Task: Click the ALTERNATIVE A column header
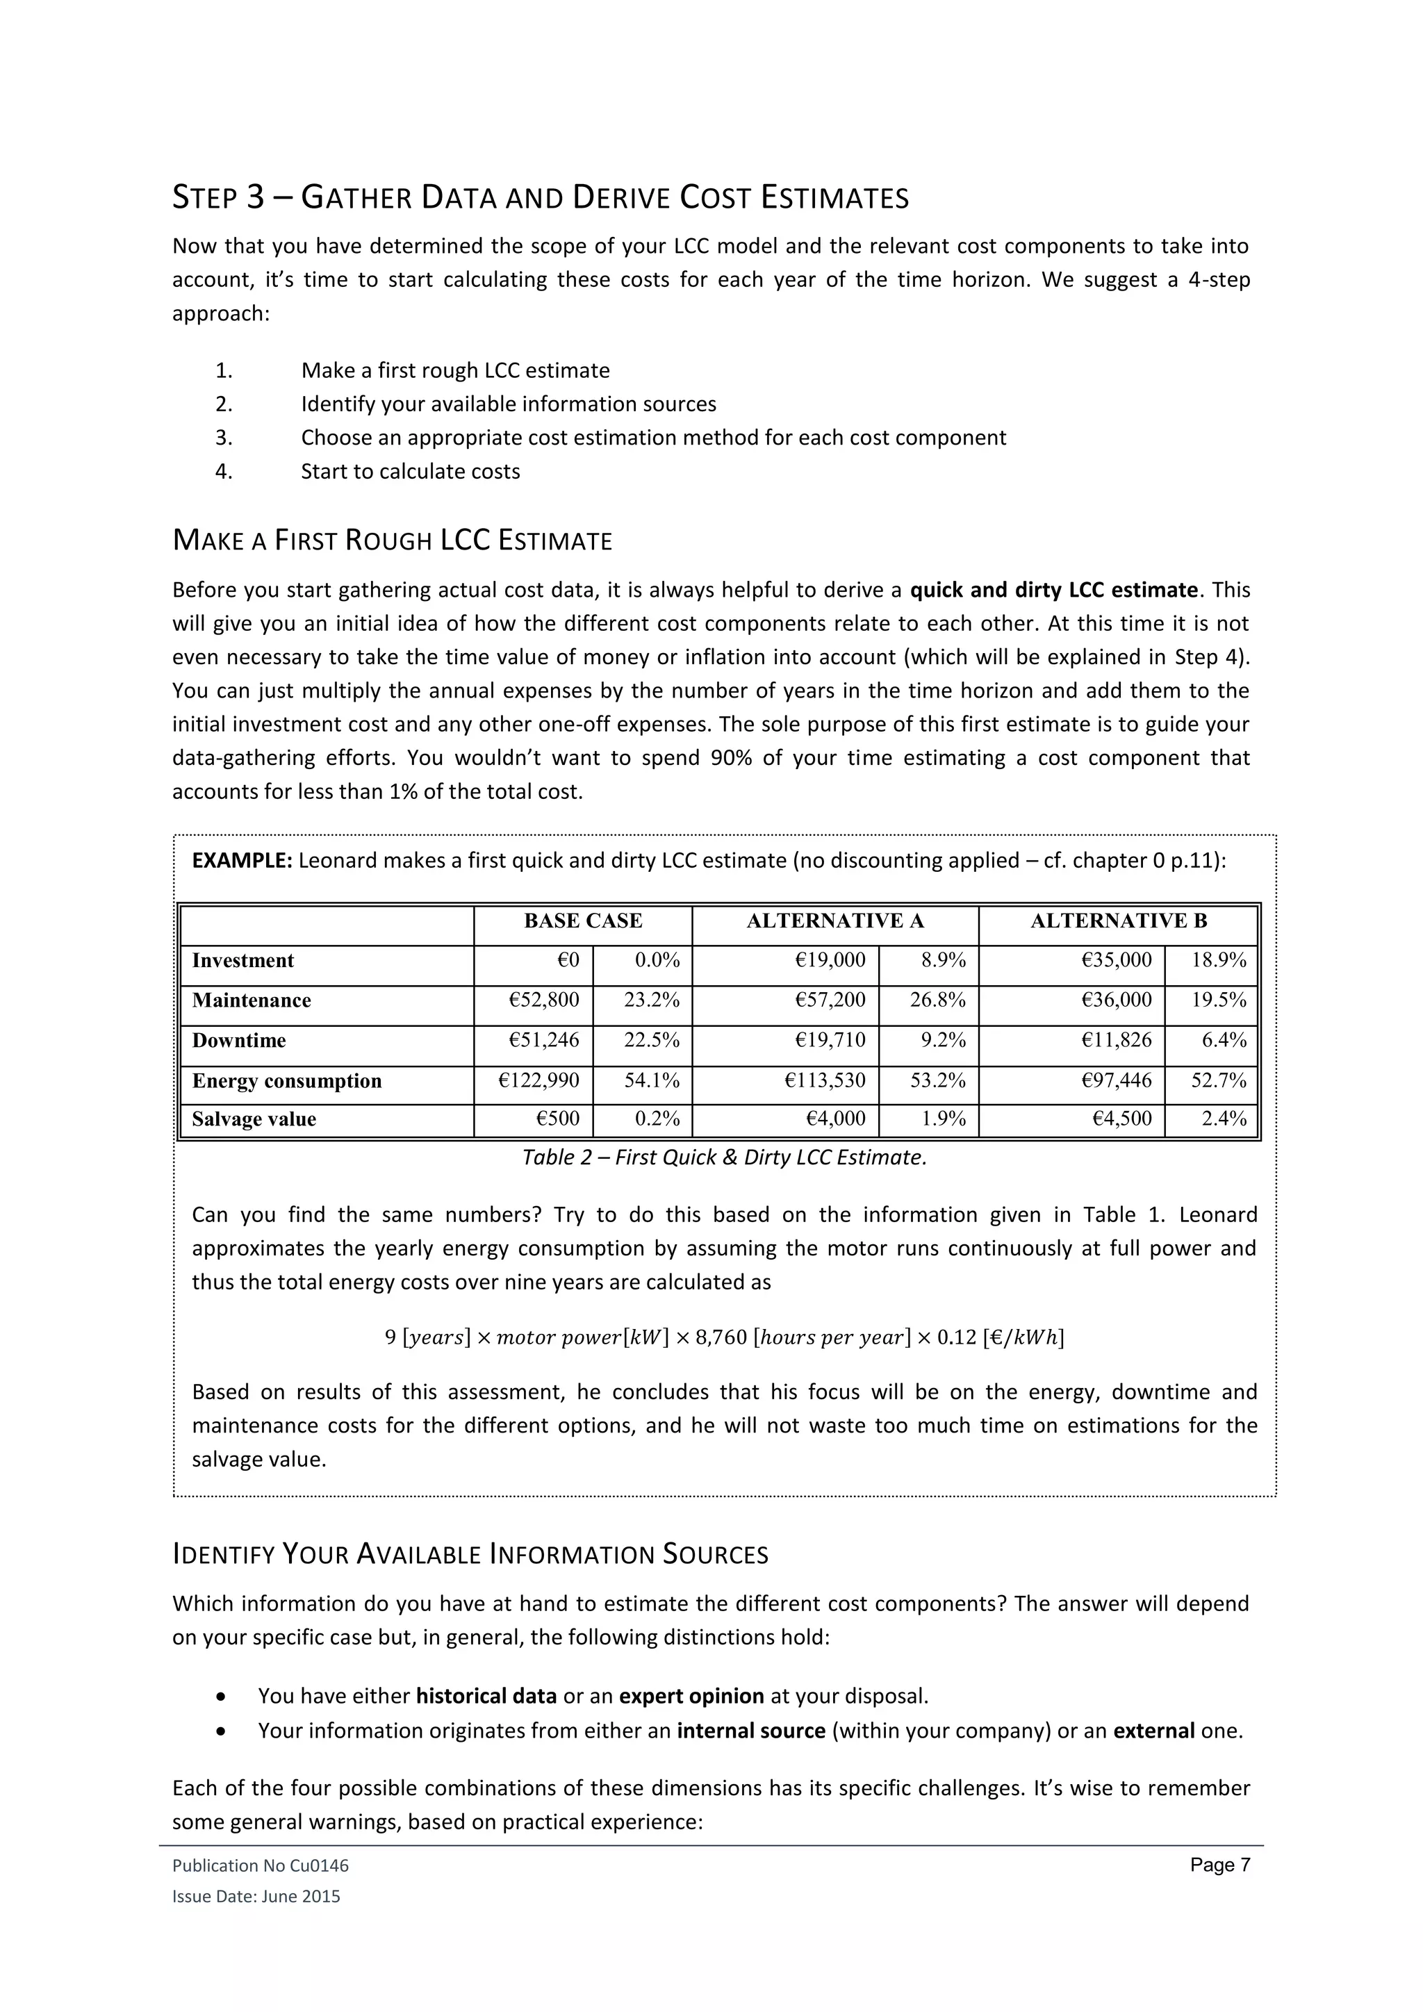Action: pyautogui.click(x=834, y=921)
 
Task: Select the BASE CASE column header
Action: pyautogui.click(x=583, y=921)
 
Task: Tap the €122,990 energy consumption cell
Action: pyautogui.click(x=539, y=1080)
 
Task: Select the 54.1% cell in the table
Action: pyautogui.click(x=651, y=1080)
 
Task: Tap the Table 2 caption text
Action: pyautogui.click(x=724, y=1157)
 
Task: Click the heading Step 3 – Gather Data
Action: pyautogui.click(x=540, y=197)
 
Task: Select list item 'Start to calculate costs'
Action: pyautogui.click(x=410, y=472)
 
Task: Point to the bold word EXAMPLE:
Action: pyautogui.click(x=242, y=861)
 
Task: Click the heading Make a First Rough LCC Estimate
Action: pyautogui.click(x=392, y=541)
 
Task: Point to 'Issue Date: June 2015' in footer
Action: pyautogui.click(x=256, y=1897)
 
